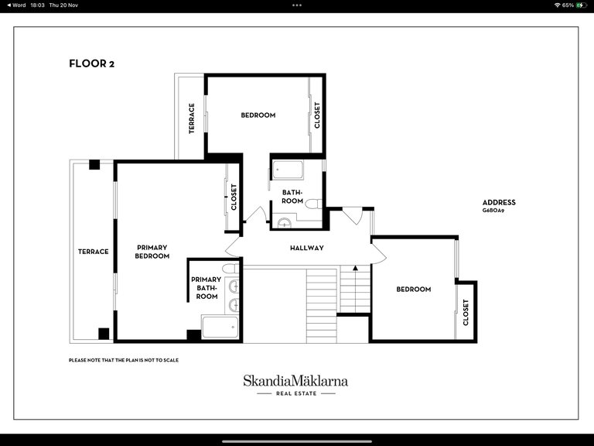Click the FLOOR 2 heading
coord(91,63)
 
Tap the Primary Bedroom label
coord(152,252)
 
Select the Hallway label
coord(307,248)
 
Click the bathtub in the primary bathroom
coord(220,327)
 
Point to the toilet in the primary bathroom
coord(230,269)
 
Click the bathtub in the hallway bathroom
coord(288,170)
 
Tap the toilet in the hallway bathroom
coord(313,204)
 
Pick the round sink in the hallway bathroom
coord(284,224)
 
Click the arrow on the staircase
coord(355,268)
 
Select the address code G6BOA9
coord(493,211)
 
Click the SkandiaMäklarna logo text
coord(295,381)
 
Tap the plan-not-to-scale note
coord(124,360)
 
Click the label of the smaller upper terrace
coord(192,118)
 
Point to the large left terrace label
coord(93,252)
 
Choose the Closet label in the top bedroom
coord(317,115)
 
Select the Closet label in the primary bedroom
coord(234,197)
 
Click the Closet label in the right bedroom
coord(466,313)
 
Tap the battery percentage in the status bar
coord(568,5)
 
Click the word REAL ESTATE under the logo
coord(296,393)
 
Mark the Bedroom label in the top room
coord(258,115)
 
